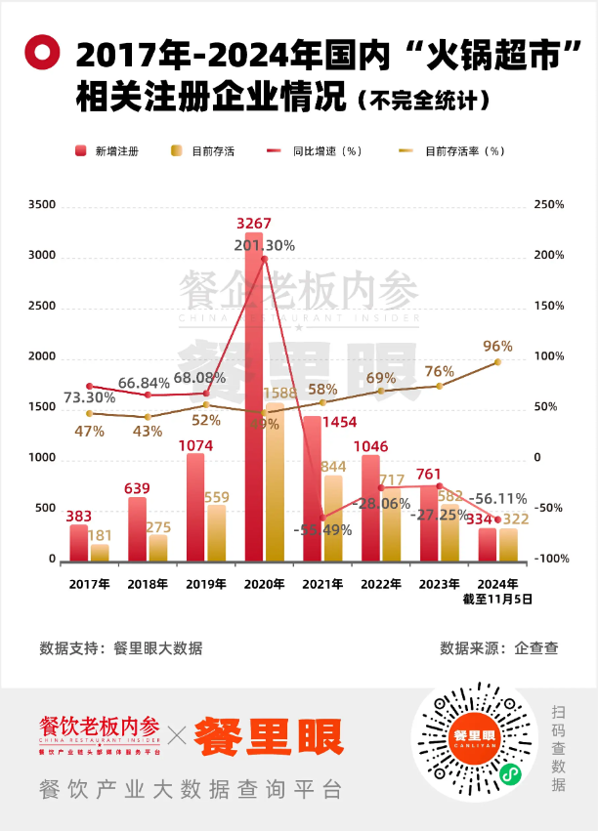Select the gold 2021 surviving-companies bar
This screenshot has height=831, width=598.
coord(334,518)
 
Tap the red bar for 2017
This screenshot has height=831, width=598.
coord(78,543)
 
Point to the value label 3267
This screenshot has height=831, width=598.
coord(253,224)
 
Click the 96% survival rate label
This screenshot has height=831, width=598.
coord(497,347)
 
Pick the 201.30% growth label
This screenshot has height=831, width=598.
coord(264,245)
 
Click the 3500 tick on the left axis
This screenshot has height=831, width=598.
coord(43,205)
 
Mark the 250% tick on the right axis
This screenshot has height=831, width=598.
coord(551,205)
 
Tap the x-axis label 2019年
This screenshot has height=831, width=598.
coord(206,583)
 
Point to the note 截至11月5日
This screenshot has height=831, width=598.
coord(498,601)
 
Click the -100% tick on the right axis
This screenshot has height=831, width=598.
coord(550,560)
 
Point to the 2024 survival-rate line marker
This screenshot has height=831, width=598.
coord(497,362)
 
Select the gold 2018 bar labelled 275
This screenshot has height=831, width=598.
coord(158,547)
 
